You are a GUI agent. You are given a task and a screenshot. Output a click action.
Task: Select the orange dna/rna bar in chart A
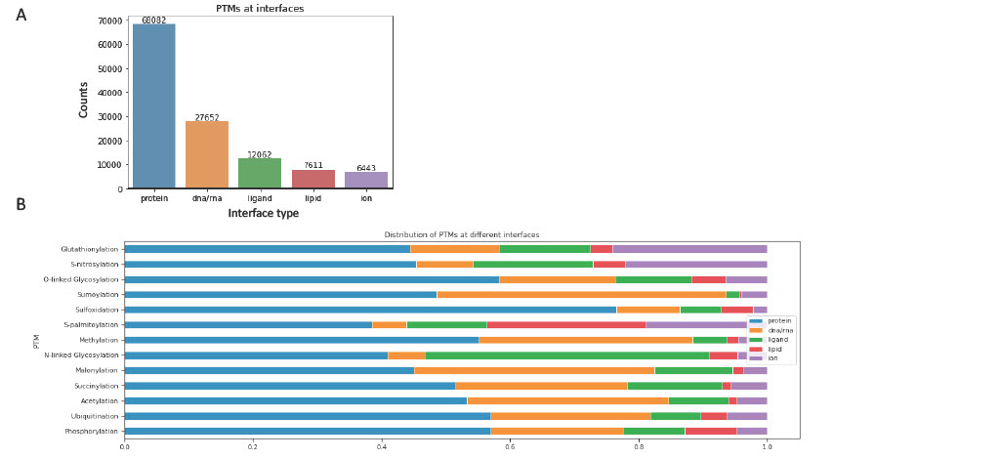click(x=207, y=155)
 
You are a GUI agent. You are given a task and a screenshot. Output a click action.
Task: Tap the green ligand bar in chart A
click(x=260, y=173)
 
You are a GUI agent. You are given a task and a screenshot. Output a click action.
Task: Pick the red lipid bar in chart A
click(x=312, y=179)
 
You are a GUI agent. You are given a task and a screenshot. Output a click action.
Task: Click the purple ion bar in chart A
click(x=366, y=181)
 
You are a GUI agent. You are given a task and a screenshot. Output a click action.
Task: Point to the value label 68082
click(x=153, y=21)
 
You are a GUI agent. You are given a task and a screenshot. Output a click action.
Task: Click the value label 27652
click(x=207, y=118)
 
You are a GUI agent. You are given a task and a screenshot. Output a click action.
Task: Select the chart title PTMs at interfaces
click(x=260, y=9)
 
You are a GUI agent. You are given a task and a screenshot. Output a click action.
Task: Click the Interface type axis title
click(x=264, y=214)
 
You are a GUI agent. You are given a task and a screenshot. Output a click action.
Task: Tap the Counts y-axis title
click(x=84, y=100)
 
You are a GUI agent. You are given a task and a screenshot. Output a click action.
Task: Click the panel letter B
click(x=21, y=205)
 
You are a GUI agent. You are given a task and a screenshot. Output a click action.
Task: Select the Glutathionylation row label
click(x=90, y=249)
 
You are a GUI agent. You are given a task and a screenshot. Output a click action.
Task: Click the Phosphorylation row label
click(x=92, y=431)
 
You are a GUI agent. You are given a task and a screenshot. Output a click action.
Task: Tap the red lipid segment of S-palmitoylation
click(x=565, y=324)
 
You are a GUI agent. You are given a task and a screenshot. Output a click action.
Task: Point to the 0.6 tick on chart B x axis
click(x=510, y=447)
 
